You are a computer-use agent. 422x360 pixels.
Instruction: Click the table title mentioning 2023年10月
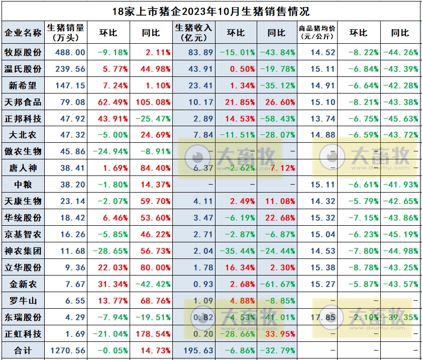click(210, 11)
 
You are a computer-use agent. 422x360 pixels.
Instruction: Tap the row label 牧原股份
click(23, 52)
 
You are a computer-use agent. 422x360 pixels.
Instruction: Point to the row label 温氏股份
click(23, 69)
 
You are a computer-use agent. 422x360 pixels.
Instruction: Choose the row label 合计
click(23, 350)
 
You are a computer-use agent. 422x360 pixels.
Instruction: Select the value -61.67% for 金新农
click(278, 284)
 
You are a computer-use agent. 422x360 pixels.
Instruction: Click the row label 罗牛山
click(23, 301)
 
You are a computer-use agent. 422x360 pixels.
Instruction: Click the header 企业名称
click(23, 33)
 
